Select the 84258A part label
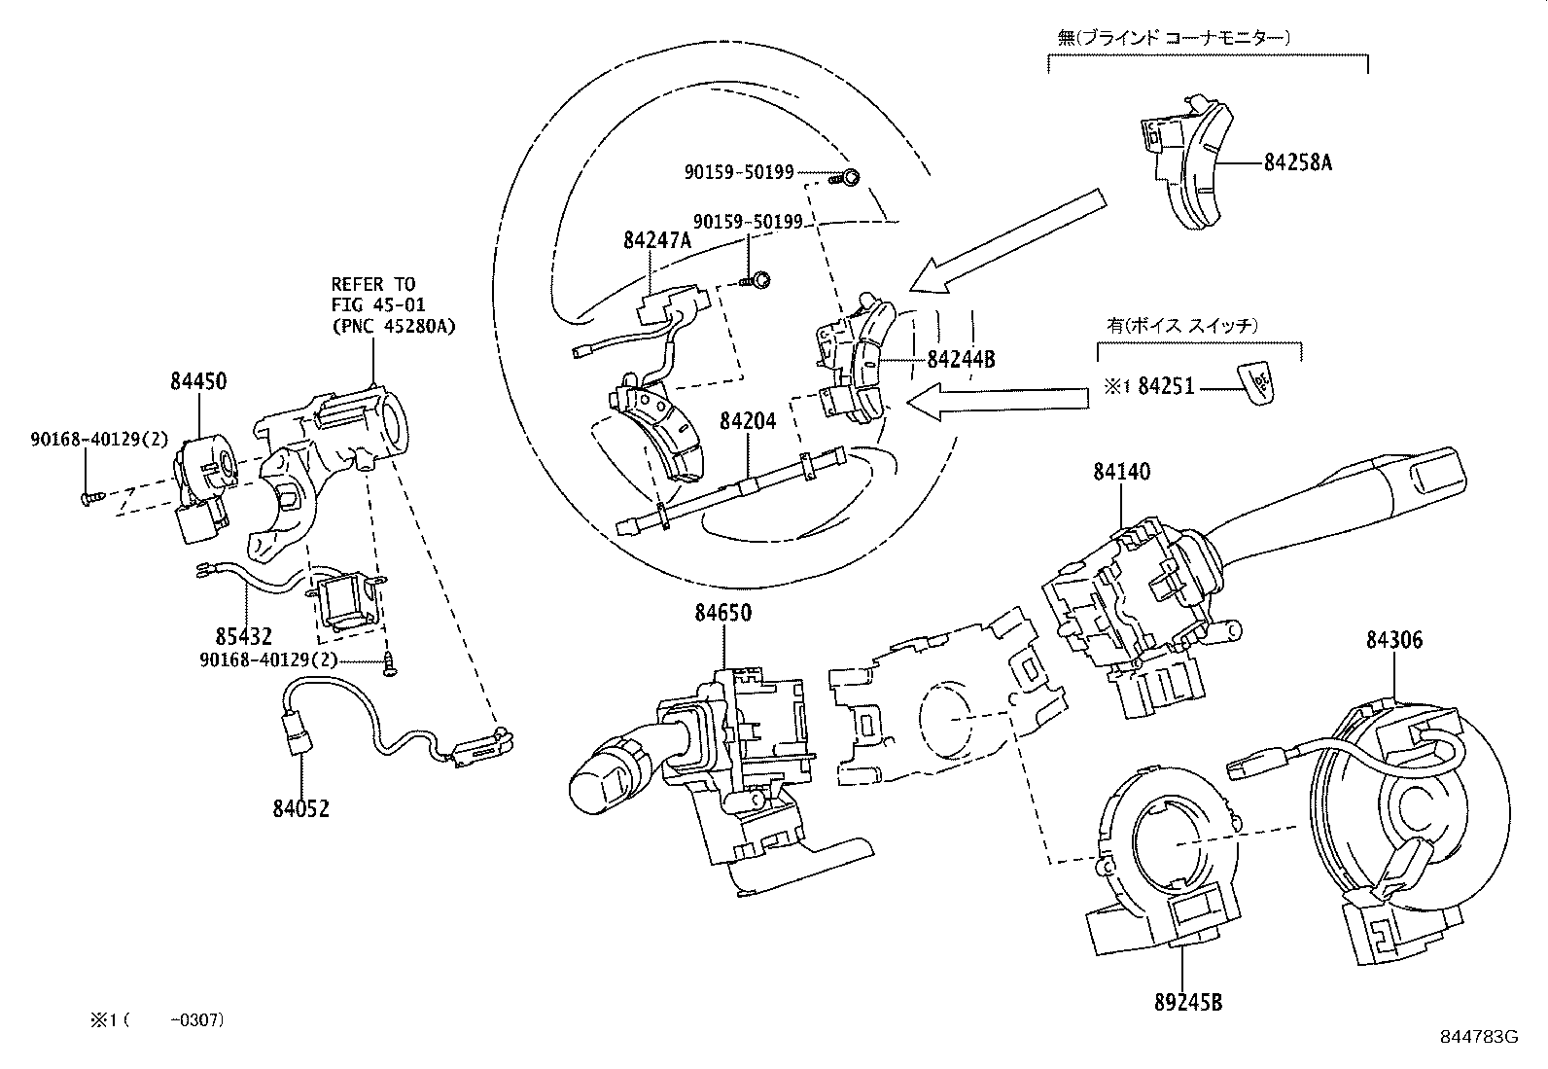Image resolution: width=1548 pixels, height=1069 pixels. (1298, 162)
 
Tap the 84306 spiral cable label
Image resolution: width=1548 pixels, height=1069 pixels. (1393, 639)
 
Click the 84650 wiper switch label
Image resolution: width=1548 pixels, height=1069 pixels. (722, 613)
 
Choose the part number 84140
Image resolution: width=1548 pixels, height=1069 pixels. (1121, 473)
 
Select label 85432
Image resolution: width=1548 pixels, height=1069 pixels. (243, 638)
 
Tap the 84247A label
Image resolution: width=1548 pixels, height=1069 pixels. (657, 240)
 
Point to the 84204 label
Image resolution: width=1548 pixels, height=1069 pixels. (749, 420)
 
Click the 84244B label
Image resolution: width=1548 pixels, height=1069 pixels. (961, 359)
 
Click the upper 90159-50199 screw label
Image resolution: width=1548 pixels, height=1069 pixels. (739, 172)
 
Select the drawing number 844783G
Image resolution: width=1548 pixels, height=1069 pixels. (1479, 1035)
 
